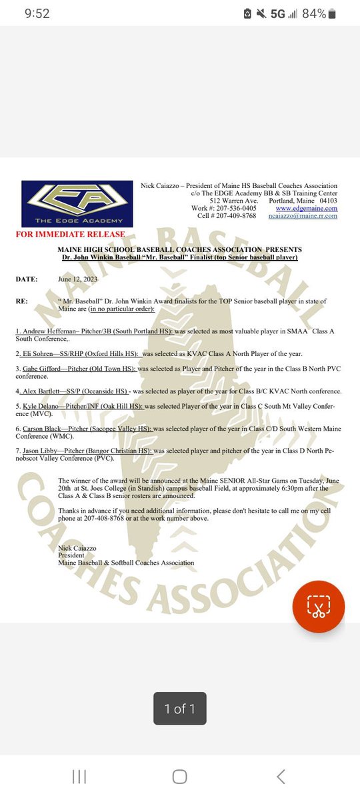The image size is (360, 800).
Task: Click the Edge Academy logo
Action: coord(77,203)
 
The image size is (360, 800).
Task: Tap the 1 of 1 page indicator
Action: coord(179,709)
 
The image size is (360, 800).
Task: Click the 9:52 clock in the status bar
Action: coord(35,14)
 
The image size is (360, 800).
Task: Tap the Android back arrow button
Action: coord(281,776)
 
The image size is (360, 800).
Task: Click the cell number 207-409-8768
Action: coord(232,216)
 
